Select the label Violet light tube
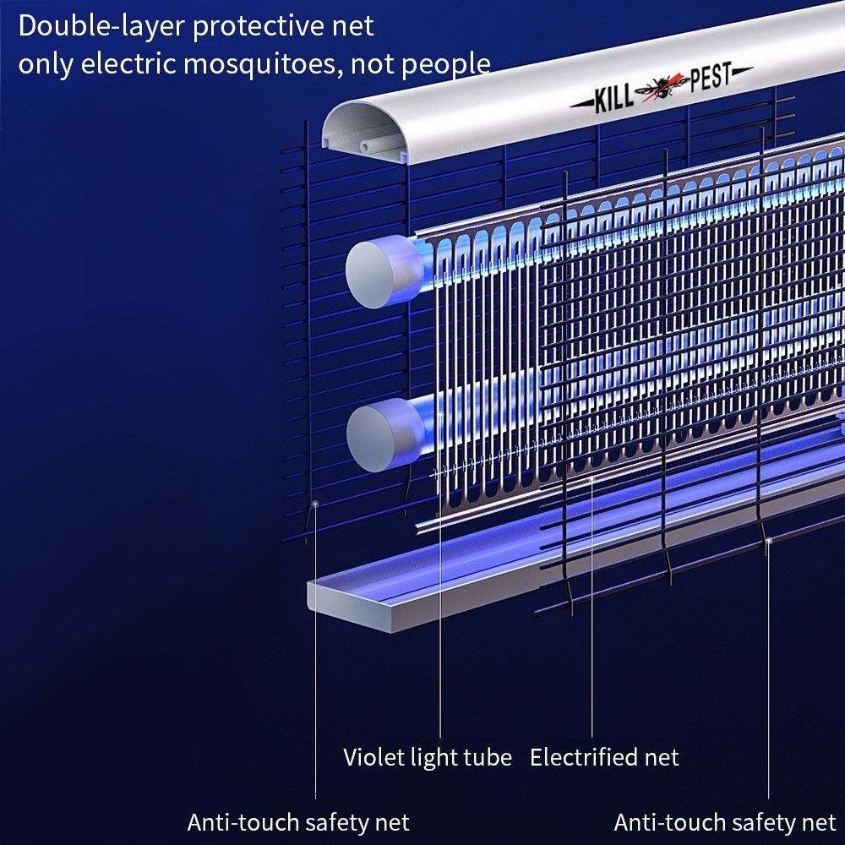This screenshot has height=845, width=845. [427, 756]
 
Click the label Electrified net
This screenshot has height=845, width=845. [604, 757]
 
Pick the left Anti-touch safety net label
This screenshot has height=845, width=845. [298, 821]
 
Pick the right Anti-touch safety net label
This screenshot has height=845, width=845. [725, 821]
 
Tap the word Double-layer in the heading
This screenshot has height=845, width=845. [102, 26]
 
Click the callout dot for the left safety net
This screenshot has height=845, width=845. [315, 503]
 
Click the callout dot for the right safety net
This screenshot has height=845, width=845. [768, 539]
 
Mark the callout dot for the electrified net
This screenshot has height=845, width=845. [591, 479]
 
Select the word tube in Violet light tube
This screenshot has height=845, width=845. [489, 756]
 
